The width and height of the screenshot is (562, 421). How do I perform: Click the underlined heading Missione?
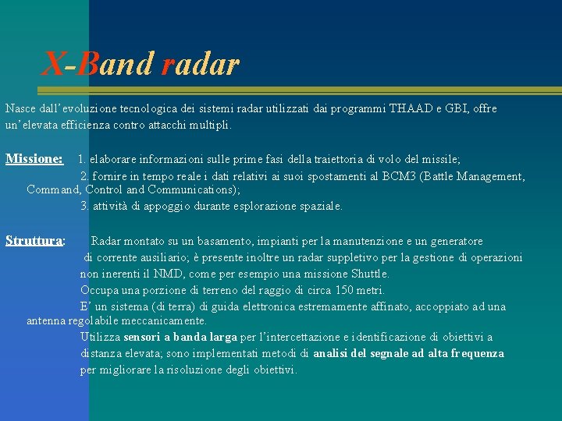point(34,159)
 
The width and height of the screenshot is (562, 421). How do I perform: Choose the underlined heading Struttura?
point(34,241)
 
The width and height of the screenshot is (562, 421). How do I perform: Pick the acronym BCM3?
point(400,176)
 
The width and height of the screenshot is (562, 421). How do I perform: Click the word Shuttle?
point(367,274)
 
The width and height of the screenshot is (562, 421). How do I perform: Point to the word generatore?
point(452,241)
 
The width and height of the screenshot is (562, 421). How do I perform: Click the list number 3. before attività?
point(84,206)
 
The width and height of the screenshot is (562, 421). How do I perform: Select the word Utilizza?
point(100,337)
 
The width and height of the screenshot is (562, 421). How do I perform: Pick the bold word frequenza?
point(476,353)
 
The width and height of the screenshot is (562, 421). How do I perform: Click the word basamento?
point(233,241)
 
